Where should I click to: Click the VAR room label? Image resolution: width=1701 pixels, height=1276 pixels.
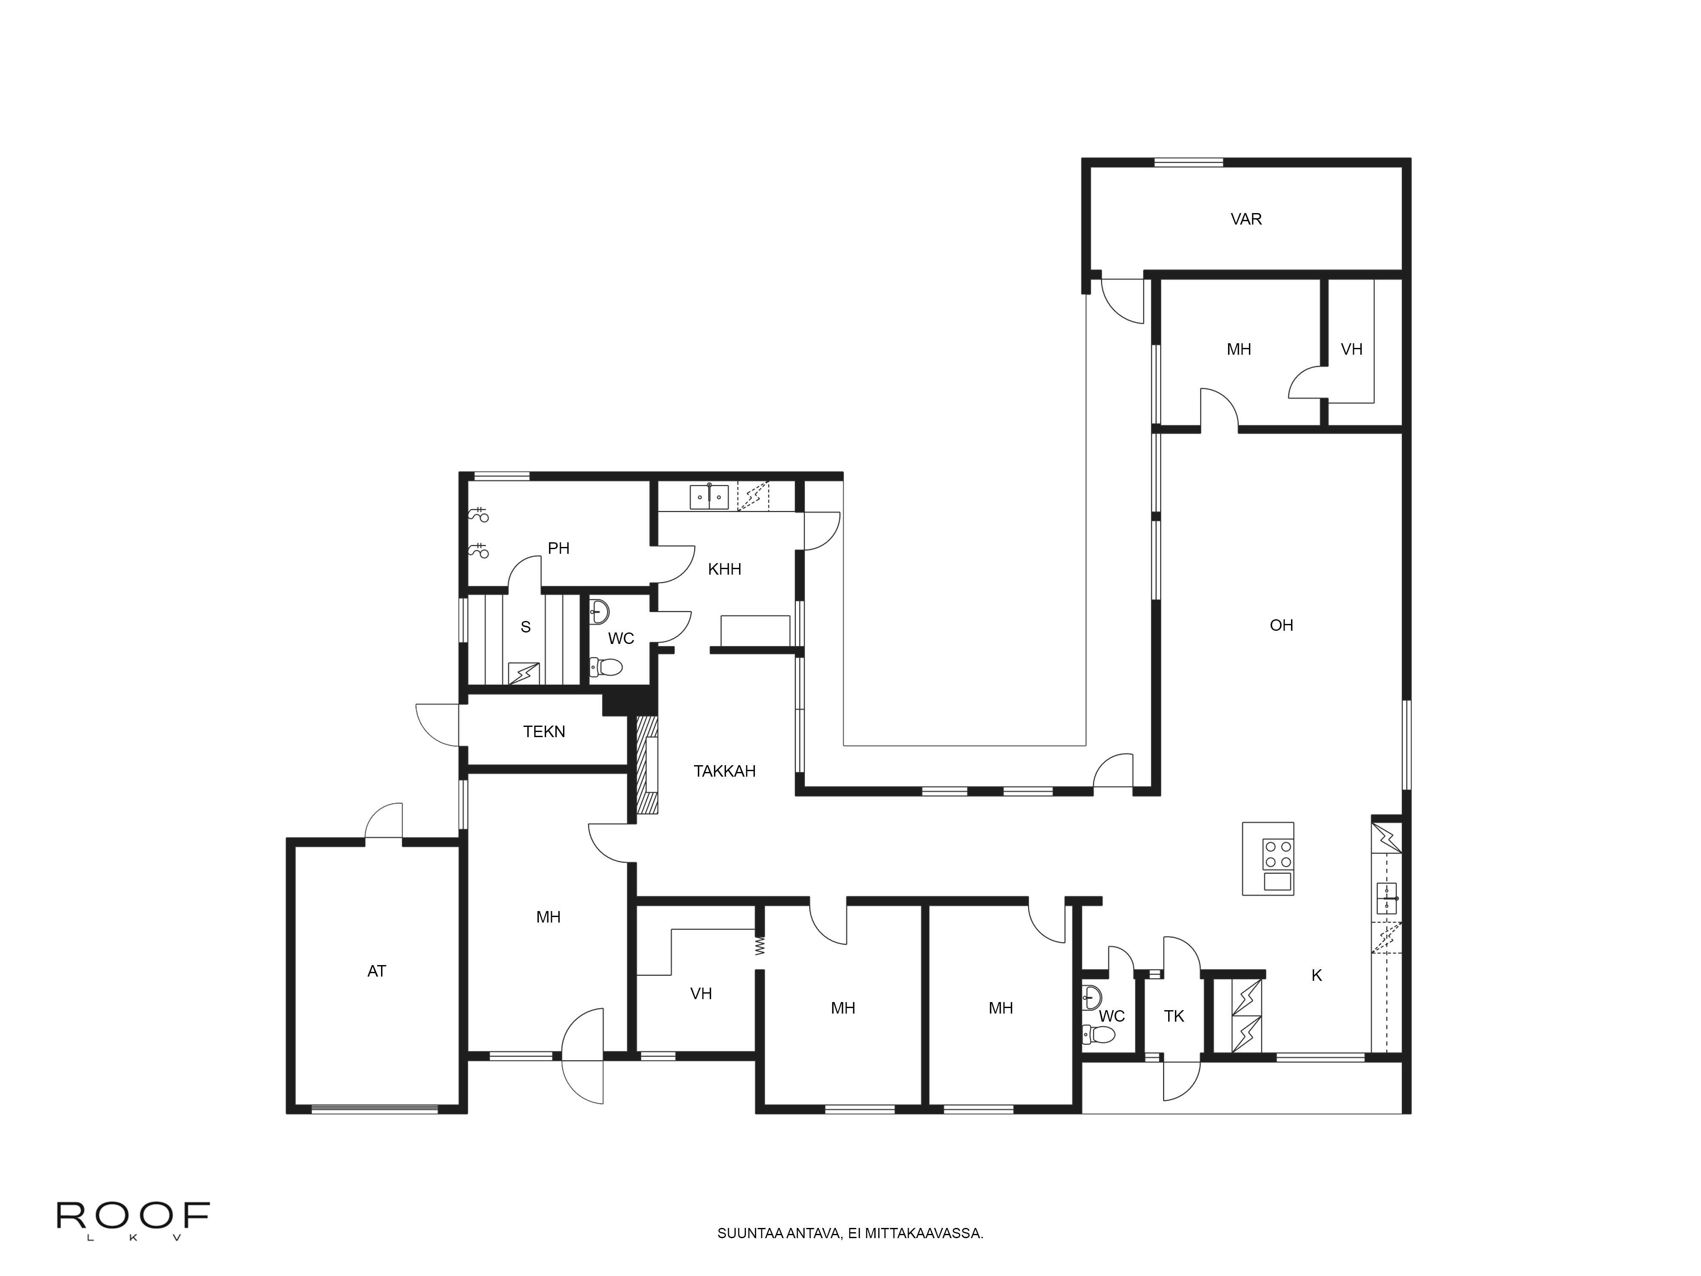pos(1246,219)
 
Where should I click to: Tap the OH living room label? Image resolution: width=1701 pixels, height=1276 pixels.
pos(1281,625)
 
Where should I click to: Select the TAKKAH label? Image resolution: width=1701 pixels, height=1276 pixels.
pos(724,771)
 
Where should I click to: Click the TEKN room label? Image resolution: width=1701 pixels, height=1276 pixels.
pos(543,732)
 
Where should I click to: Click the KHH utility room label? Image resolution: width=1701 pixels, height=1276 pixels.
pos(724,569)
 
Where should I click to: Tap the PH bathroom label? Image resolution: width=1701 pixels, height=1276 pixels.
pos(558,548)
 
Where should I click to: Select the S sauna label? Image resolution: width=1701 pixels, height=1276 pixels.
pos(525,627)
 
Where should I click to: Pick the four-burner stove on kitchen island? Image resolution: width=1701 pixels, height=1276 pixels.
pos(1277,854)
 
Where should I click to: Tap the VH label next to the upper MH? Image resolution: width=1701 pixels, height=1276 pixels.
pos(1351,349)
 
